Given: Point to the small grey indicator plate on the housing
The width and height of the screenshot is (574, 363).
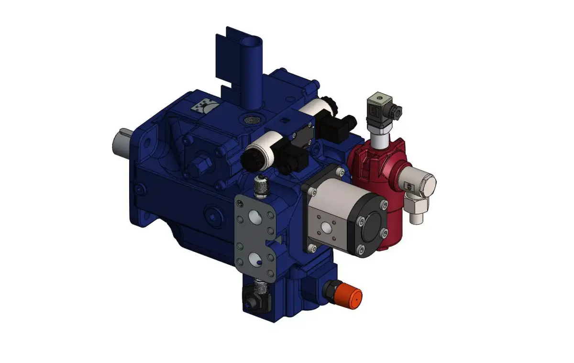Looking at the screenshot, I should pos(204,106).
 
